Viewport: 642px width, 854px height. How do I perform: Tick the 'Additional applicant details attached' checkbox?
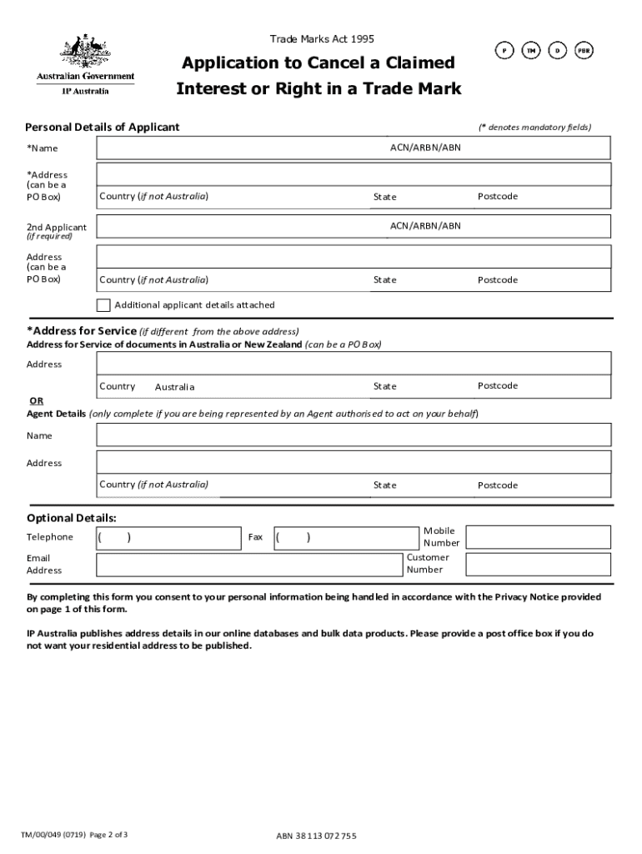[x=104, y=304]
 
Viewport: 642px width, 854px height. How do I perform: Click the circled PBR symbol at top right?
[x=584, y=51]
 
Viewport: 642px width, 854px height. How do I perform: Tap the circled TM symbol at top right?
[x=530, y=51]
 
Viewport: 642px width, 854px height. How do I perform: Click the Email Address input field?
[x=248, y=564]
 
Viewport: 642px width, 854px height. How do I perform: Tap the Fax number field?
[x=347, y=537]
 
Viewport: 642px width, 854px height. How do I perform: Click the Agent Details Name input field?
[x=354, y=435]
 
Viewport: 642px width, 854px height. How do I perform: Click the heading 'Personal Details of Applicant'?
[x=103, y=127]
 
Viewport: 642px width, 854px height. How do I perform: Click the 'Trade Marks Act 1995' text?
[x=322, y=39]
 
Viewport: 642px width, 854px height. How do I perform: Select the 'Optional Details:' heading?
[x=72, y=518]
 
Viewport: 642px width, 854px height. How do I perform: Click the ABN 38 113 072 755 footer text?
[x=316, y=836]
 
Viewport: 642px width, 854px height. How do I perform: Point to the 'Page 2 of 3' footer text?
[x=106, y=835]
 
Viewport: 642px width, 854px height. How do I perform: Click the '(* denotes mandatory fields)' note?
[x=534, y=127]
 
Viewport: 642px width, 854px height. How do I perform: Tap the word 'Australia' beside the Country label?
[x=174, y=387]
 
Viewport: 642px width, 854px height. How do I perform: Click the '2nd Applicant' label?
[x=56, y=227]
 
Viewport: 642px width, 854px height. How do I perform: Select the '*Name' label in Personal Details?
[x=43, y=148]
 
